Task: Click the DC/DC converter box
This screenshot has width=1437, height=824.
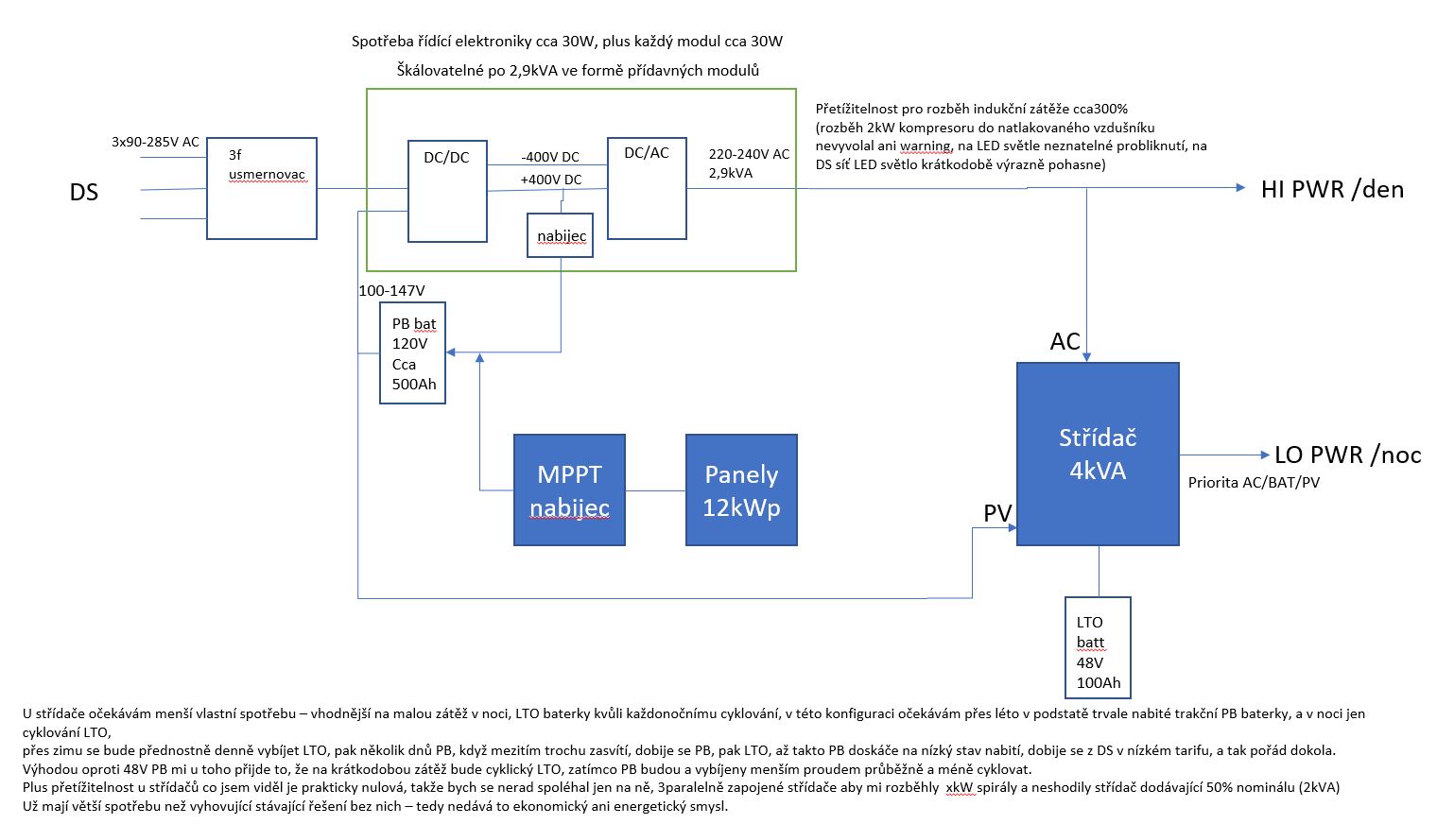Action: [447, 191]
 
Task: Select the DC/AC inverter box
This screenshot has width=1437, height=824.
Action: [647, 188]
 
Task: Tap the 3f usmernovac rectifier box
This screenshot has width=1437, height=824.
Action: [262, 188]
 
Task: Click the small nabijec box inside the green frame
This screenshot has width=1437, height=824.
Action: [561, 235]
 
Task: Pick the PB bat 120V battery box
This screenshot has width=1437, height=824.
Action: [412, 353]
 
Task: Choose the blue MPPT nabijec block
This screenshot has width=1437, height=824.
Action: [569, 489]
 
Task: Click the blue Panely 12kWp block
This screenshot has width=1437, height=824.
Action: [741, 489]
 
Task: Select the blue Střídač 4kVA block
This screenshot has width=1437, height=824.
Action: [1098, 454]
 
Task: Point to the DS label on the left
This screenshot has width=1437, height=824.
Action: [84, 192]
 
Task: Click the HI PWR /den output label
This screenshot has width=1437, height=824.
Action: [1332, 189]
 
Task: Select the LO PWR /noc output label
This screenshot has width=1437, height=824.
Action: [1347, 455]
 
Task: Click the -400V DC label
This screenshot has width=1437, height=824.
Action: [550, 157]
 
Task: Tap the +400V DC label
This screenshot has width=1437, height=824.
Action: [551, 180]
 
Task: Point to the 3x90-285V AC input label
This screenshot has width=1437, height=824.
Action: [155, 142]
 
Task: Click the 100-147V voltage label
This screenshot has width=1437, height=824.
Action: [391, 290]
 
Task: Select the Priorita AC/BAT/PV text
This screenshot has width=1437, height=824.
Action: [1254, 482]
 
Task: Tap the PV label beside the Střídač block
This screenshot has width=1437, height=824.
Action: [997, 513]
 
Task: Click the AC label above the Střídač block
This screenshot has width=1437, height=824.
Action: [1065, 341]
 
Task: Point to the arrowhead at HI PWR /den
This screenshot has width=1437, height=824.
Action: [1240, 187]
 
